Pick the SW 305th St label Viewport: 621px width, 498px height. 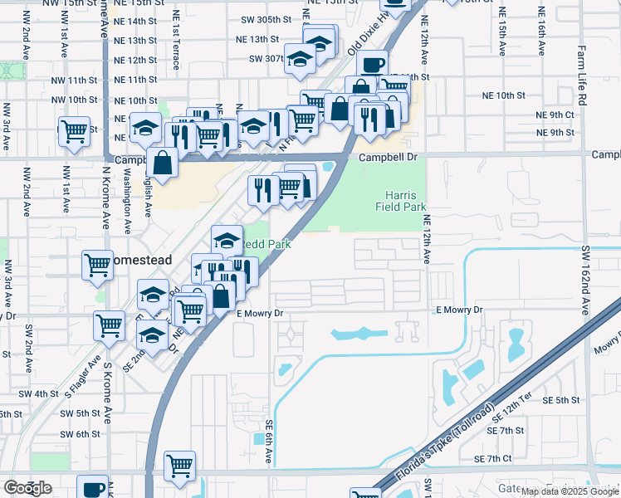coord(266,19)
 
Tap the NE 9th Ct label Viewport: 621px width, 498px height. coord(555,115)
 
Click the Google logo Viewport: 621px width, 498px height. coord(27,488)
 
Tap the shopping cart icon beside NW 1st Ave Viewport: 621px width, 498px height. coord(74,130)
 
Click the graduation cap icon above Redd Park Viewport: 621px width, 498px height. coord(227,239)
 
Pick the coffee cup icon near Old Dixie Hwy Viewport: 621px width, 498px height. coord(372,63)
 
